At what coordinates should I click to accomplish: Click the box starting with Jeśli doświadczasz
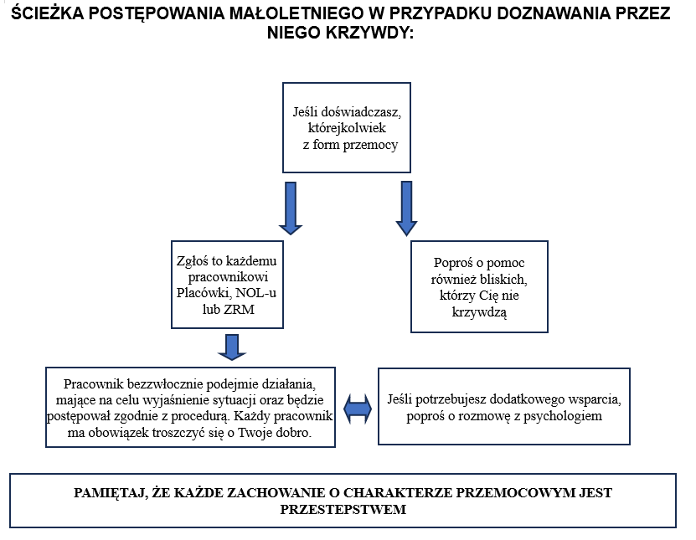[346, 127]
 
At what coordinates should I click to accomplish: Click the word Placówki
[205, 294]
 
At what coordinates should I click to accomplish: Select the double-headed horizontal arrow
[357, 408]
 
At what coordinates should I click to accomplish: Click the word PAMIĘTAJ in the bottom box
[108, 492]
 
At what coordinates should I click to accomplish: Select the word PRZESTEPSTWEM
[343, 509]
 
